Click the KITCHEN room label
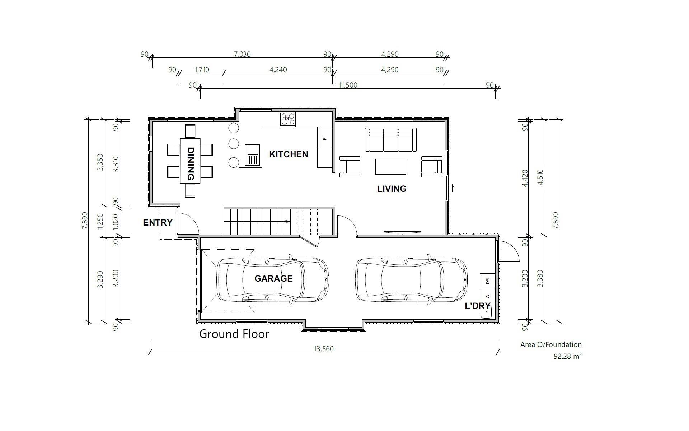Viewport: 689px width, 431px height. (x=289, y=154)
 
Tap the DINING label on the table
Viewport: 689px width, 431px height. (x=191, y=164)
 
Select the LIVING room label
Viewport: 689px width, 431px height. (x=392, y=189)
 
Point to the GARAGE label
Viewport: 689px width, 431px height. (x=273, y=279)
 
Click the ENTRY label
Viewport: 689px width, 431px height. (x=158, y=223)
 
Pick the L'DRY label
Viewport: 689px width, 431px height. (x=478, y=306)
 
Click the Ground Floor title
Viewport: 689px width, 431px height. (x=234, y=334)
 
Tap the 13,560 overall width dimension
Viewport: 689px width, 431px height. (x=324, y=349)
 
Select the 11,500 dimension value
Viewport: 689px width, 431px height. (x=348, y=85)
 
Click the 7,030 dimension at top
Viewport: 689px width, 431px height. (x=242, y=54)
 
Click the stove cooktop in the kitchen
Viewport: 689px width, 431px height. (x=288, y=119)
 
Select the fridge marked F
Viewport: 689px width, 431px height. (x=325, y=139)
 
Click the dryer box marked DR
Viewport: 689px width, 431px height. (x=487, y=281)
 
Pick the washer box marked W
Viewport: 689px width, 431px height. (x=487, y=297)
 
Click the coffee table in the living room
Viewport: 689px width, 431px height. (x=391, y=166)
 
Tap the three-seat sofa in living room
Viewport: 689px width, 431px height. (x=391, y=140)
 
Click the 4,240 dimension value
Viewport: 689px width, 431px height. (x=278, y=70)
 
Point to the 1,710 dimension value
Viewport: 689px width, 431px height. (x=202, y=70)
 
